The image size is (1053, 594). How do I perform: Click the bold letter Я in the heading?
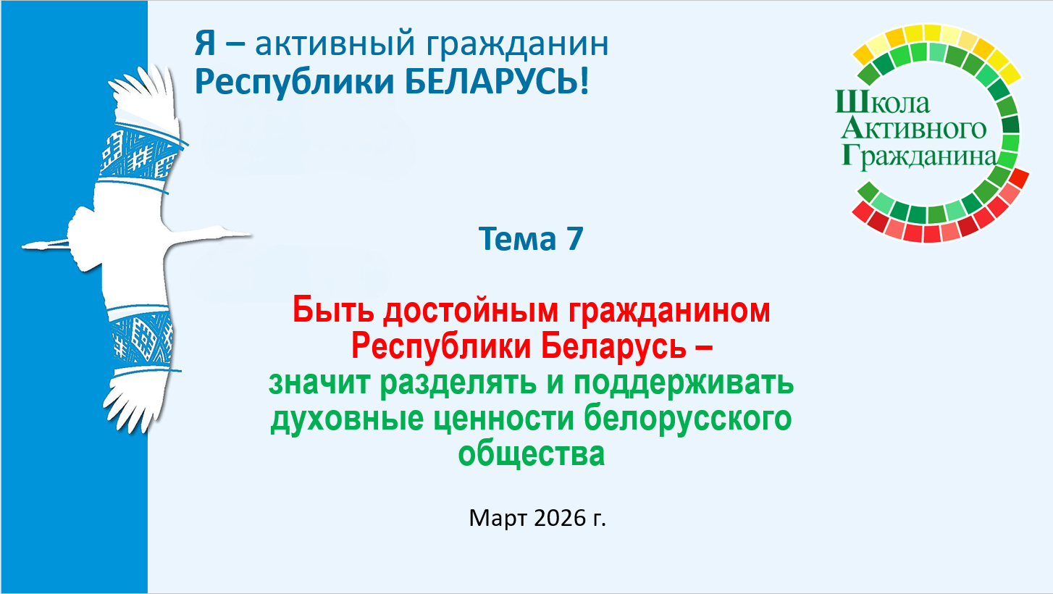205,43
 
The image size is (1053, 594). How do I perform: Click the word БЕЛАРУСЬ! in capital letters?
497,82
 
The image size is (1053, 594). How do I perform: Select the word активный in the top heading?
335,43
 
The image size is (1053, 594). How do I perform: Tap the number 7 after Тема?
574,238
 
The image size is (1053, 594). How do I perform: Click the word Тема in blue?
518,238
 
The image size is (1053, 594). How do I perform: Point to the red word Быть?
333,310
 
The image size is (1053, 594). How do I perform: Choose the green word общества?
531,455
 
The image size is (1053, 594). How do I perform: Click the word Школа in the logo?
882,103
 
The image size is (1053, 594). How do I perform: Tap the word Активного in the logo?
913,128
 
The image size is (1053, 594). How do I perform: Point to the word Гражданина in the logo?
918,156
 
